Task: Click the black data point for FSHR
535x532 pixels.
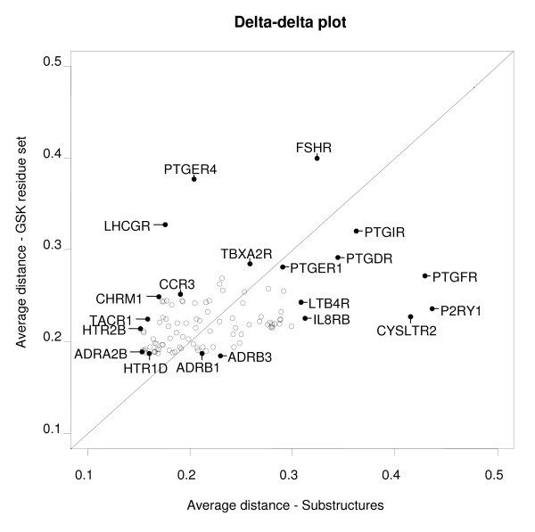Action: (317, 158)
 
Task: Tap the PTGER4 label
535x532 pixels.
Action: (191, 168)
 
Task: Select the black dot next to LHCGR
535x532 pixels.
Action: (166, 225)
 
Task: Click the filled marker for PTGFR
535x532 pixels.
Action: (425, 275)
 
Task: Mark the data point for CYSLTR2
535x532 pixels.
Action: (410, 316)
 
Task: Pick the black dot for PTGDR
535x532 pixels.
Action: (338, 258)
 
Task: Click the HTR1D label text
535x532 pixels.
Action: (145, 368)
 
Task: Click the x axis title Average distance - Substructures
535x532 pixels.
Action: (285, 505)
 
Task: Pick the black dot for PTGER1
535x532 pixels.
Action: (283, 266)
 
